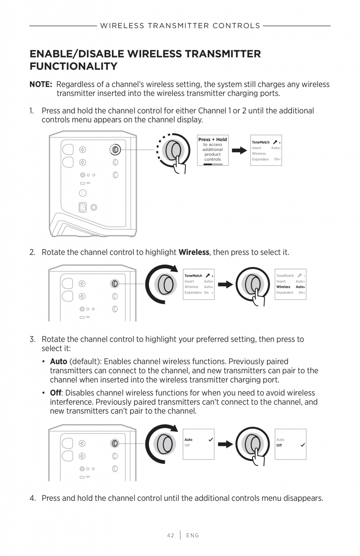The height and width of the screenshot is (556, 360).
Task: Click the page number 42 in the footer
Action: coord(170,535)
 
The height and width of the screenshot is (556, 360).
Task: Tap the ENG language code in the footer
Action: coord(193,535)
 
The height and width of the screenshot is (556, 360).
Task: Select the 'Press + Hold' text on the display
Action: coord(212,139)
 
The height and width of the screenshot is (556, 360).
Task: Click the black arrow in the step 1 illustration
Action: coord(239,150)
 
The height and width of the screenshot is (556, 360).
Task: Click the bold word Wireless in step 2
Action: coord(193,252)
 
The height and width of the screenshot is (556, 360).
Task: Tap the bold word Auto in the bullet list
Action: coord(58,362)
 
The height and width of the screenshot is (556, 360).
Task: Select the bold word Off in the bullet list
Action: coord(55,393)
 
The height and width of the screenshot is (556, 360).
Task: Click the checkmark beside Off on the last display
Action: coord(302,445)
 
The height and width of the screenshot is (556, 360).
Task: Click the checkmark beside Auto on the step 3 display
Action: coord(211,440)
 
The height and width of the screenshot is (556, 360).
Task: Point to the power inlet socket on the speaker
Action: coord(83,207)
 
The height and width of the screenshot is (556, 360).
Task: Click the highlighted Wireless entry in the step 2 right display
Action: coord(283,287)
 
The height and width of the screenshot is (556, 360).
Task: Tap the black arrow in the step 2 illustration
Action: coord(225,284)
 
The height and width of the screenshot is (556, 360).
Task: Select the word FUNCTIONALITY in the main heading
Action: coord(74,66)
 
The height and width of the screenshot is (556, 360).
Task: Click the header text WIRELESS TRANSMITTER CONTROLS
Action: coord(180,26)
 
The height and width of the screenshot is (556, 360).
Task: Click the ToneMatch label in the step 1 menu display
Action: coord(261,142)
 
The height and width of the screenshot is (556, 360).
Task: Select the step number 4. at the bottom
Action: coord(33,498)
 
